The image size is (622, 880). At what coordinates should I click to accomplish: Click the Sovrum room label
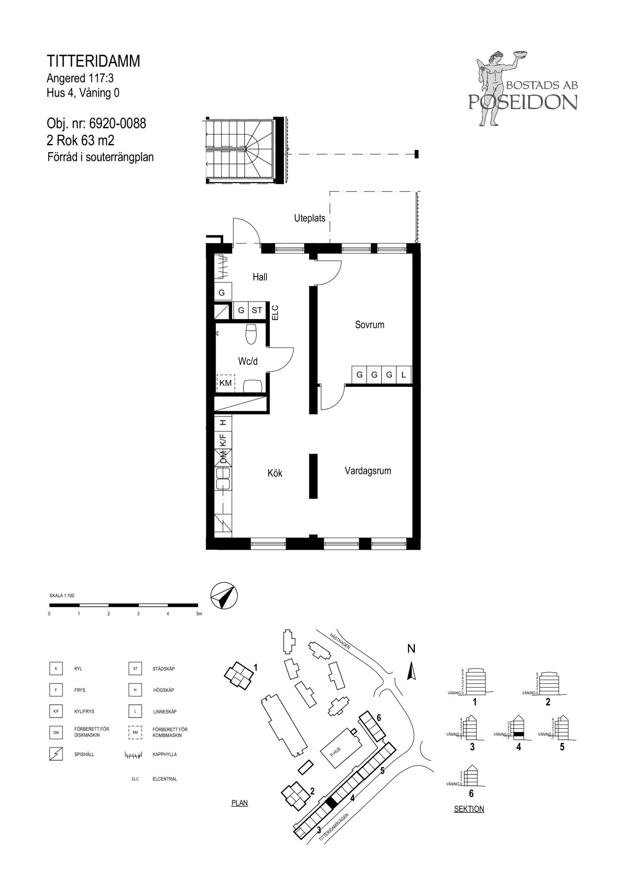369,325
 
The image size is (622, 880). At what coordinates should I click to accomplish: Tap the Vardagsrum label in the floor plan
368,471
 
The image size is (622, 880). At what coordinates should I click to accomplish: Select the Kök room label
275,473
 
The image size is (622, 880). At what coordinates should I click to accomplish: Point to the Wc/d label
248,361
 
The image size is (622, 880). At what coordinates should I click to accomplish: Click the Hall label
260,277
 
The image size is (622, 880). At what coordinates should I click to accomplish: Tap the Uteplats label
309,218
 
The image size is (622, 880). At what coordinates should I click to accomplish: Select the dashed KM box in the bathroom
226,383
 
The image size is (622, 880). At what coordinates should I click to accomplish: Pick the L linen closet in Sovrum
404,375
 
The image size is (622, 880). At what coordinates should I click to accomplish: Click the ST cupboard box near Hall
257,310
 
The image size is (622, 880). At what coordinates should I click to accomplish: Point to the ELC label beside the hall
275,313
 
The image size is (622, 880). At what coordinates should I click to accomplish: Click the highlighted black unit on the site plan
331,801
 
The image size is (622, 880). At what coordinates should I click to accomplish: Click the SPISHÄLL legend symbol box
56,754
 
